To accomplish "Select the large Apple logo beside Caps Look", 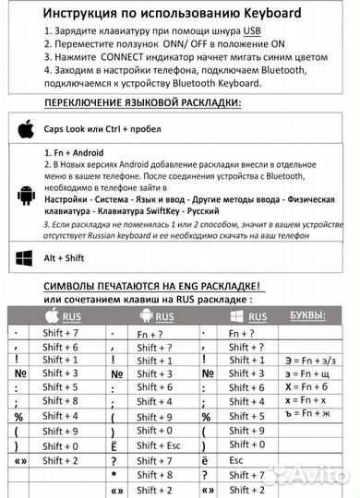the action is [25, 128].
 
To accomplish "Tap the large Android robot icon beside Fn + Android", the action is [25, 194].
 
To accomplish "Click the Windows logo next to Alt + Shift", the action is [25, 259].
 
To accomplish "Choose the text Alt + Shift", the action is [65, 259].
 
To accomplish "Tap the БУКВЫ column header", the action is [307, 316].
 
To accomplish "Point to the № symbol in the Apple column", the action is [18, 373].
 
